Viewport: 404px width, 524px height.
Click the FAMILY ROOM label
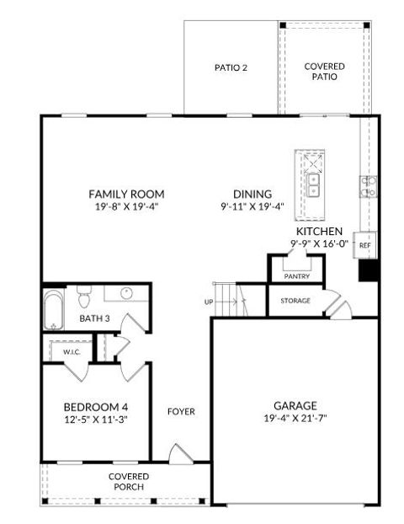126,194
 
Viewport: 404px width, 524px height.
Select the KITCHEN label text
318,231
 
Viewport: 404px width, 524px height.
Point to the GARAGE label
295,404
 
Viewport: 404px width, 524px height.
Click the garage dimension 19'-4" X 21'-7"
295,418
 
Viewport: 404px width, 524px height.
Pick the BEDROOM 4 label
96,405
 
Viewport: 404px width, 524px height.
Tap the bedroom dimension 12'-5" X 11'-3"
96,419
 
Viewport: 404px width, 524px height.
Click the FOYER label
181,412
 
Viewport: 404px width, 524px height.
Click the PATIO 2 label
230,67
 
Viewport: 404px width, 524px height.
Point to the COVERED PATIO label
322,71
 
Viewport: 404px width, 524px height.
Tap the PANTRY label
296,275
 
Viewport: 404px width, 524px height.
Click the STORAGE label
295,301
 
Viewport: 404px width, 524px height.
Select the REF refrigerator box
364,245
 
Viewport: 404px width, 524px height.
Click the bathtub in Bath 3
53,310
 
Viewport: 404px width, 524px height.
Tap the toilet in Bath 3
84,297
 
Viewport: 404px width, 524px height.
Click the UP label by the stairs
209,301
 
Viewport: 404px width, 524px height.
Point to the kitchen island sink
313,183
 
